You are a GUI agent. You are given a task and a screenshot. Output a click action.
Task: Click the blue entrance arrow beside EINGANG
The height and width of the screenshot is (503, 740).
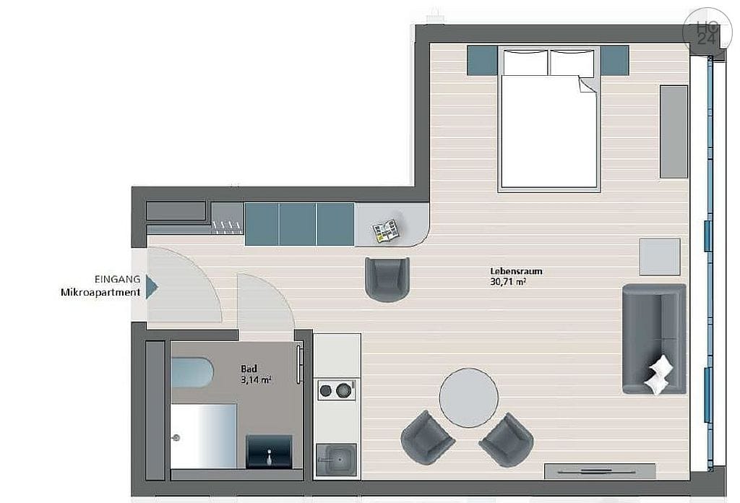151,286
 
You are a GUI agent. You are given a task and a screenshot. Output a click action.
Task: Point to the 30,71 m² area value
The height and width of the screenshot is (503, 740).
507,283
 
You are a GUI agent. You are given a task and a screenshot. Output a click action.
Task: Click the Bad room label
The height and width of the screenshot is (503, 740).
249,368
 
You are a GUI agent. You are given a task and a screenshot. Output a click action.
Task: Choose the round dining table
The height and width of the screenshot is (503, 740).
469,398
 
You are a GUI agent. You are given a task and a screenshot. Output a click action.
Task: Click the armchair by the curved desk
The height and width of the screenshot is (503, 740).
387,278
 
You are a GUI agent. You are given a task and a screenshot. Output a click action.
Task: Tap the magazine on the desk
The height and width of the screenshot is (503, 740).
385,231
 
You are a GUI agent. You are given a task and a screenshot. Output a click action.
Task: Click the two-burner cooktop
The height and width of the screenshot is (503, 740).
336,391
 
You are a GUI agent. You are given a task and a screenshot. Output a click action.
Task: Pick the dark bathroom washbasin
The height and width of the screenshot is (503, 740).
269,452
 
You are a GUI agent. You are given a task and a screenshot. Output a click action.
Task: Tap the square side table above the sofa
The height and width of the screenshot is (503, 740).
659,257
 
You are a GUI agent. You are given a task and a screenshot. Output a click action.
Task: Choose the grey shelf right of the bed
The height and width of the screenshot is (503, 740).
674,132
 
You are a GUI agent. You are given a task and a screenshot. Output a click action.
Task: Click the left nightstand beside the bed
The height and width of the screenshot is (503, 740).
481,61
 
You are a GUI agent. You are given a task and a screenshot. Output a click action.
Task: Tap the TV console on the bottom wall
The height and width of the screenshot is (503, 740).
599,470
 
